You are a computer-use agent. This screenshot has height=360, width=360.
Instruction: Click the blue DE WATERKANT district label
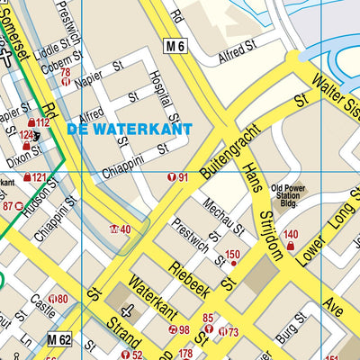130,130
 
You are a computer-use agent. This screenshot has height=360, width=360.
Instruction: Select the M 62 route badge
59,338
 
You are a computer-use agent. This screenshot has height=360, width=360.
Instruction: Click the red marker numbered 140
290,239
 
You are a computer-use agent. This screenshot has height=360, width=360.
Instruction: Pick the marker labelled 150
232,256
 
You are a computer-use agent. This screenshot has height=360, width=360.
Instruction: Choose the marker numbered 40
120,229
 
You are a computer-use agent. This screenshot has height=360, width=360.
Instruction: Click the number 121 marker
34,178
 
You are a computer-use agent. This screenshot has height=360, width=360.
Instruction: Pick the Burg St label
291,337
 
